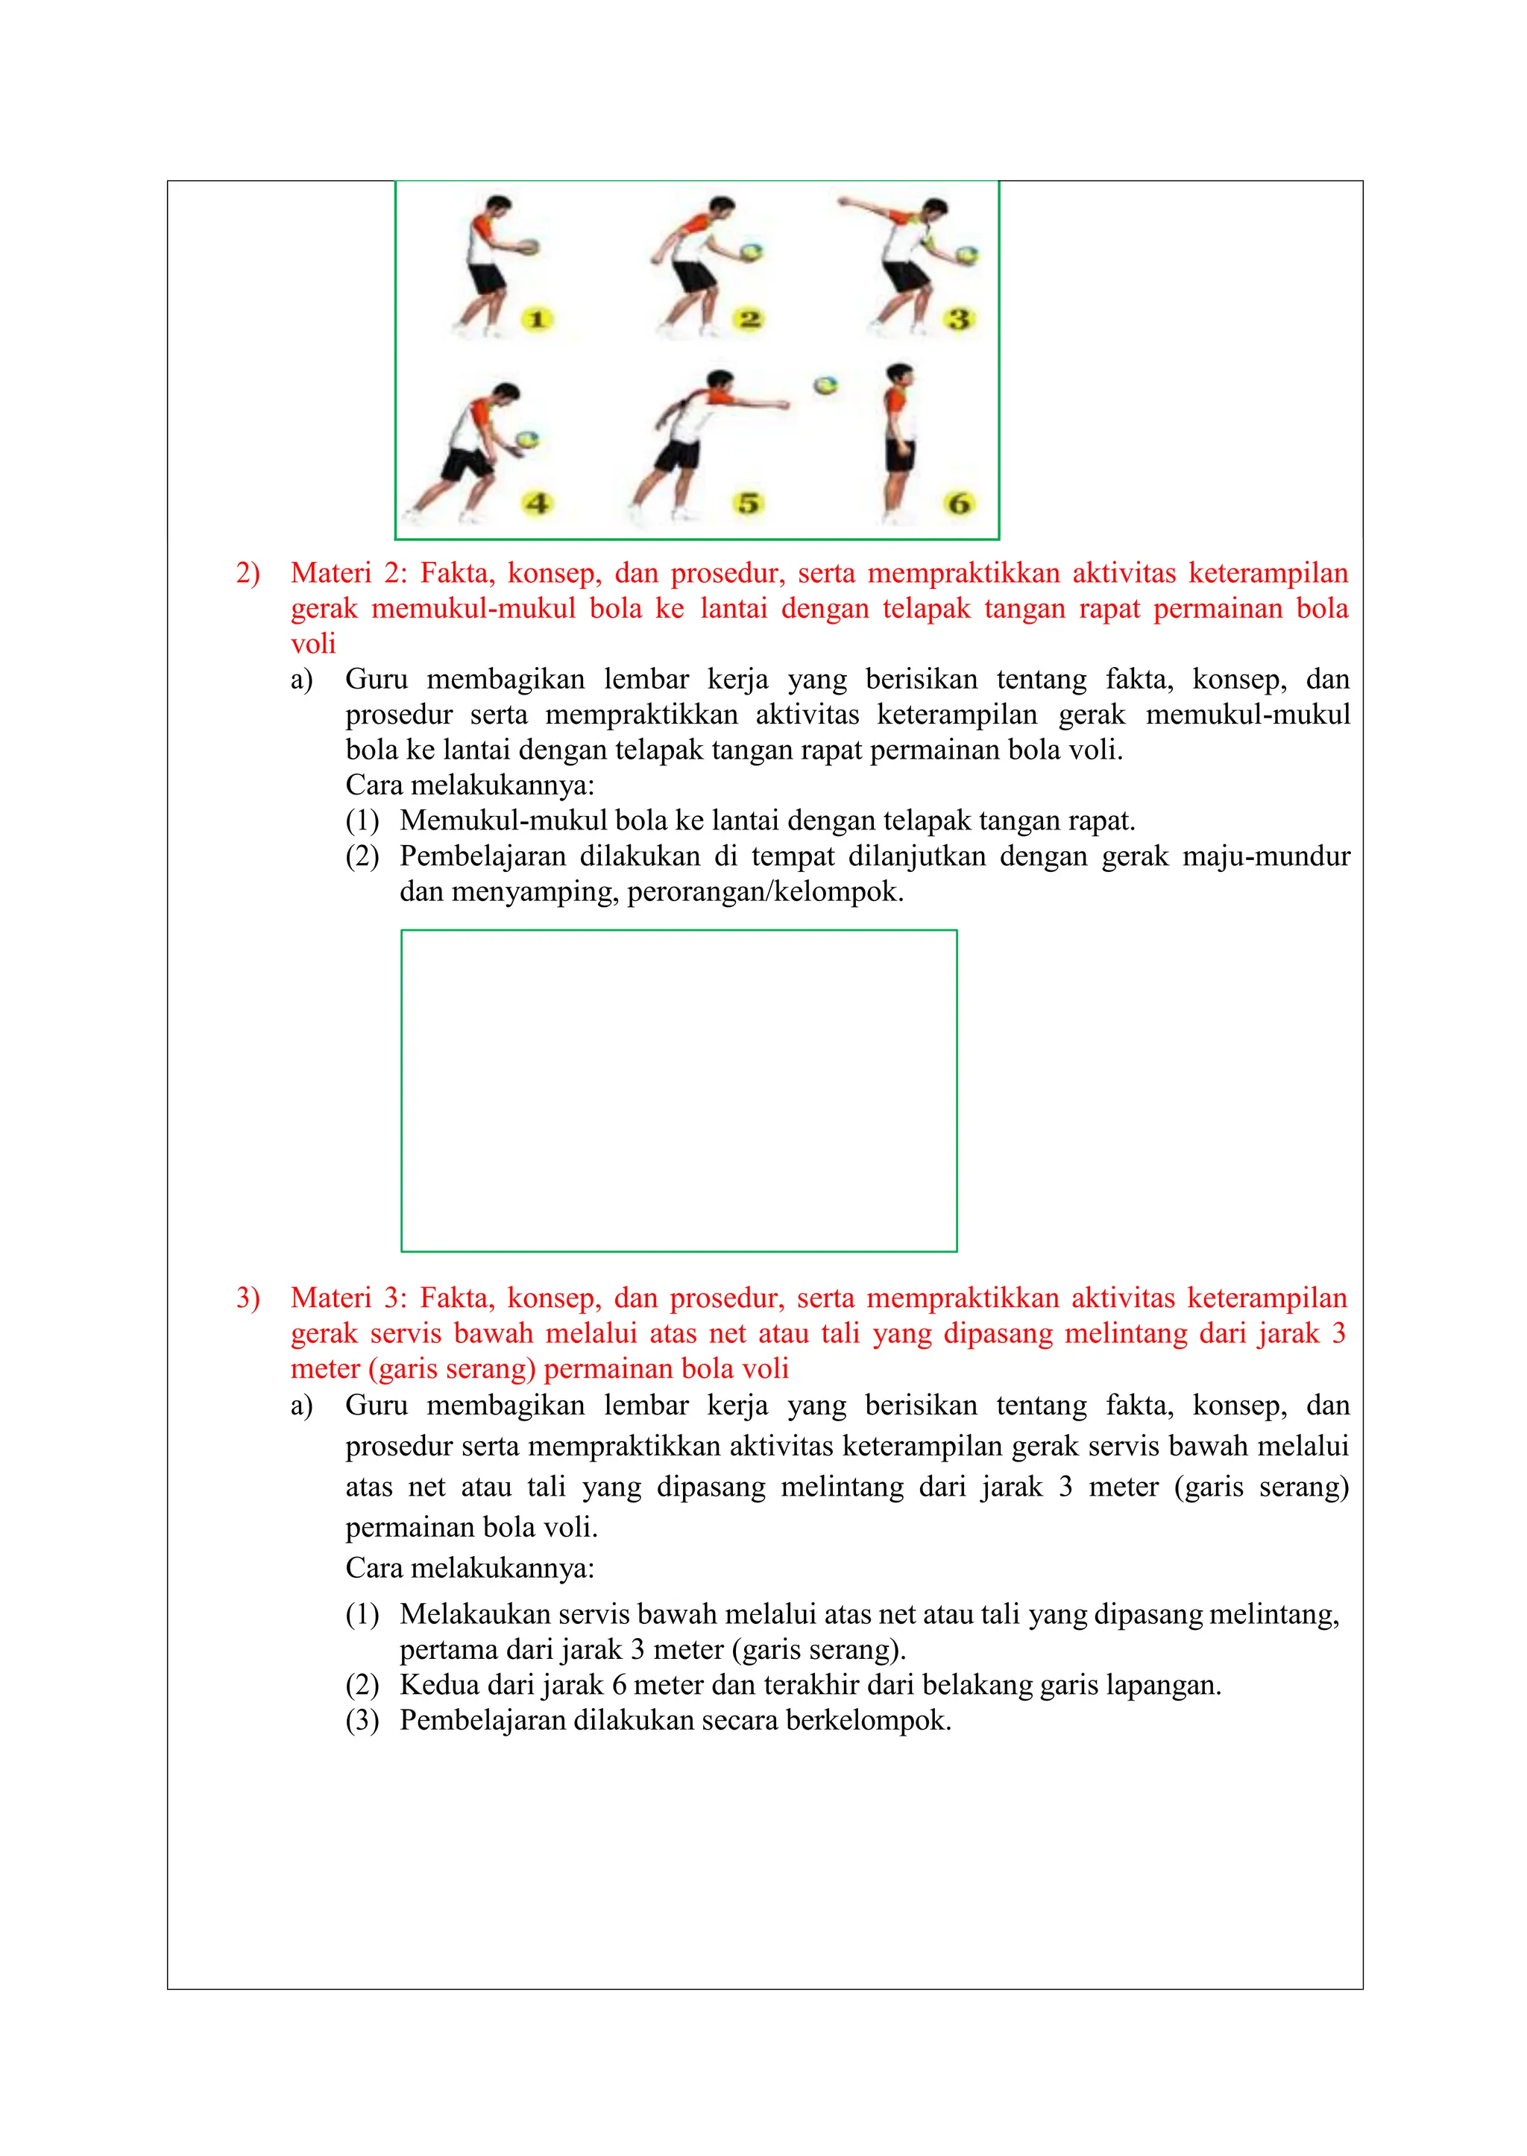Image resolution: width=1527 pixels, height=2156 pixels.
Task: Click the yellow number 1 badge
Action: [x=537, y=320]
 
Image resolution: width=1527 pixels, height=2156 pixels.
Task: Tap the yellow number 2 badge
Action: [x=749, y=320]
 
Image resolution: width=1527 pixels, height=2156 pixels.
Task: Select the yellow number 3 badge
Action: [x=958, y=320]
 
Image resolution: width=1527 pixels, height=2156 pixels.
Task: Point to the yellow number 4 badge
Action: [x=537, y=504]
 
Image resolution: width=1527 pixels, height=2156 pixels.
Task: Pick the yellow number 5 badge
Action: [x=749, y=504]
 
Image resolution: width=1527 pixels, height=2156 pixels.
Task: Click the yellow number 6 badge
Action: [x=958, y=504]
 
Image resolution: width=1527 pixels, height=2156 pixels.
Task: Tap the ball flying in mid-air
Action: [x=825, y=385]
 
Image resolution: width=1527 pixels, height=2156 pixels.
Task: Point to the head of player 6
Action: [x=901, y=374]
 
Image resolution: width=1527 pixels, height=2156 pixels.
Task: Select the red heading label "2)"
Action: [x=248, y=573]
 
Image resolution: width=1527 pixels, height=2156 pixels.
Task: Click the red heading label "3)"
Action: [x=248, y=1298]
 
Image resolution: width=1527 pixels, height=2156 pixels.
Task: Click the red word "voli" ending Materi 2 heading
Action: [x=313, y=644]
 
